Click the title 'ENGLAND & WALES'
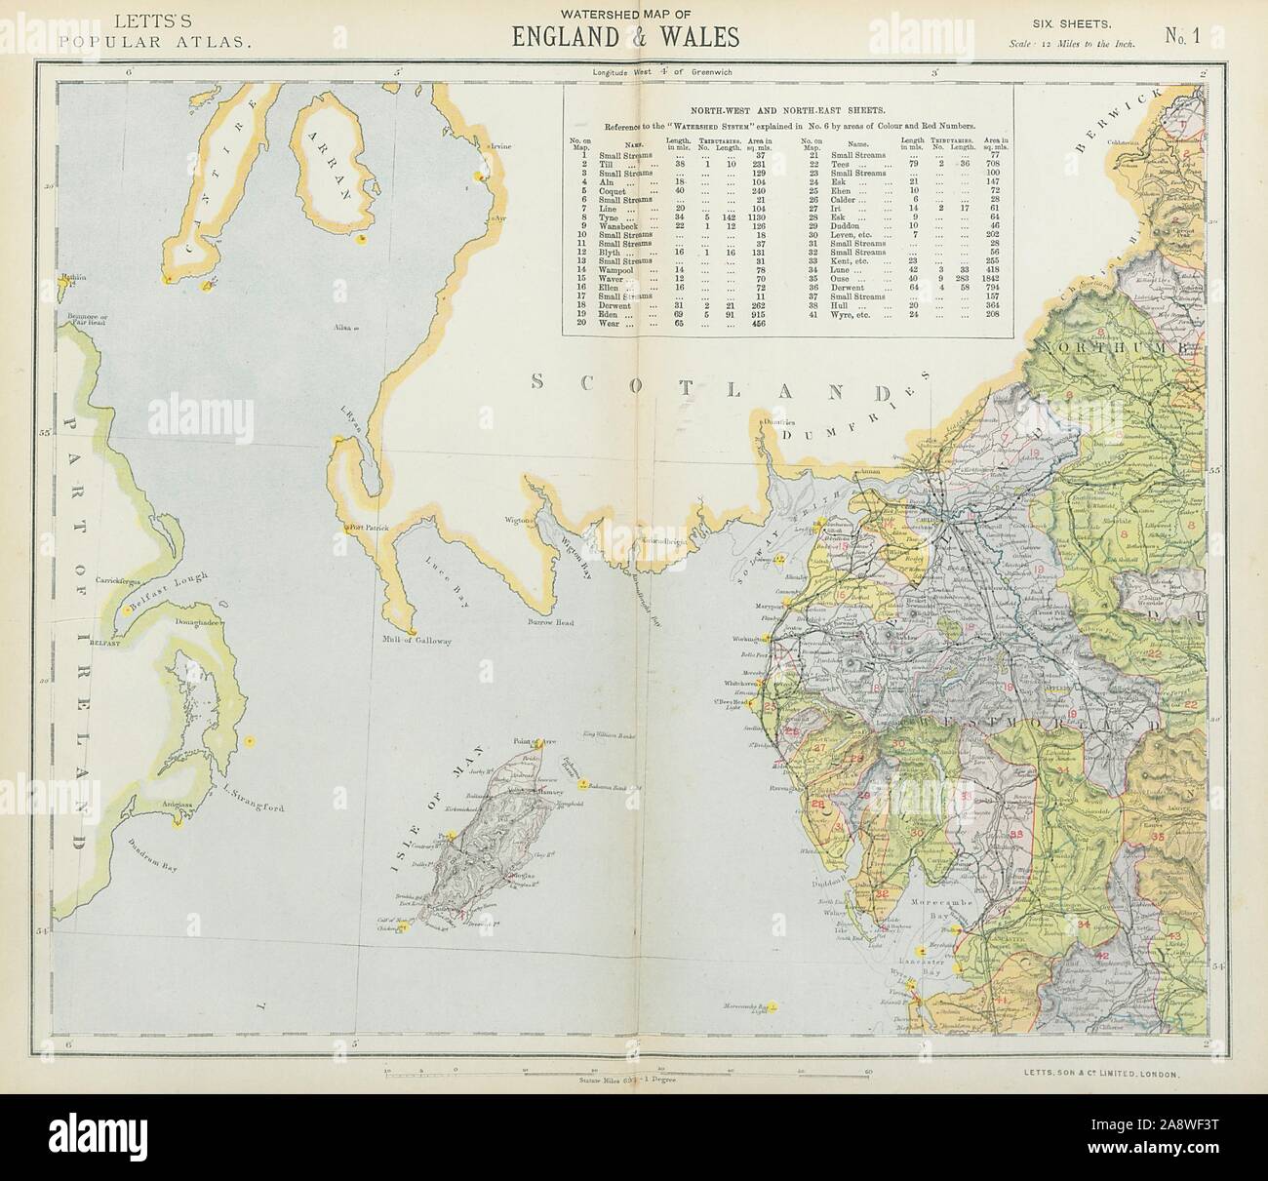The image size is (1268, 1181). pyautogui.click(x=625, y=37)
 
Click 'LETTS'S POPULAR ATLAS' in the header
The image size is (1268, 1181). pyautogui.click(x=157, y=29)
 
